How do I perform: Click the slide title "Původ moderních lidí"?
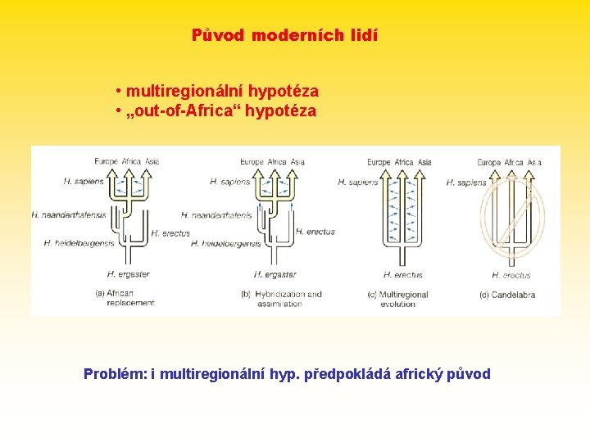(x=284, y=36)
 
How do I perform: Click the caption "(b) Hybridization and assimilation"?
(x=281, y=298)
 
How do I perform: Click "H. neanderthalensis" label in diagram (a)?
(x=69, y=214)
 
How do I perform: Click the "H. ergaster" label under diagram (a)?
(x=128, y=274)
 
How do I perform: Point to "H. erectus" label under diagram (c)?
(x=402, y=275)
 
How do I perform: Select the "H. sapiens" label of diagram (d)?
(x=466, y=183)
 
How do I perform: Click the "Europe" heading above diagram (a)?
(x=106, y=161)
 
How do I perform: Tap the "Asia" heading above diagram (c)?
(x=424, y=162)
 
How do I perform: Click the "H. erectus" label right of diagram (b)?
(x=315, y=232)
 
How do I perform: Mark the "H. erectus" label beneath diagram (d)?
(x=511, y=275)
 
